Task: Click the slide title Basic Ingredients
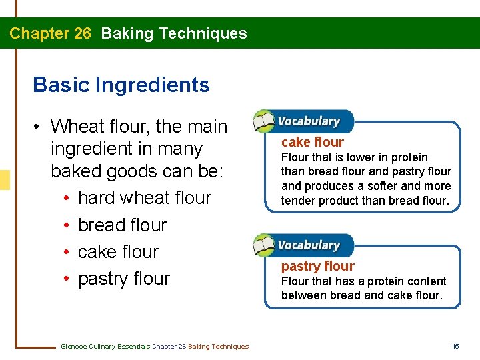(121, 85)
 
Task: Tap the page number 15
(455, 346)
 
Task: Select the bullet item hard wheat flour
(144, 198)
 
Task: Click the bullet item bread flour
(122, 225)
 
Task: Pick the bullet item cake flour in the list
(118, 252)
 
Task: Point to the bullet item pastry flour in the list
(124, 279)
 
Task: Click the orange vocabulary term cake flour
(312, 142)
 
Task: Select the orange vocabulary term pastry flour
(317, 267)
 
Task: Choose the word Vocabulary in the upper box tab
(308, 121)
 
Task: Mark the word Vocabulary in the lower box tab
(308, 245)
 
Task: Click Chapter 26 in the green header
(50, 33)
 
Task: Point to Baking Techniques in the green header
(174, 33)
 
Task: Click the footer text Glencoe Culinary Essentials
(105, 346)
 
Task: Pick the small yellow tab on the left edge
(5, 180)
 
